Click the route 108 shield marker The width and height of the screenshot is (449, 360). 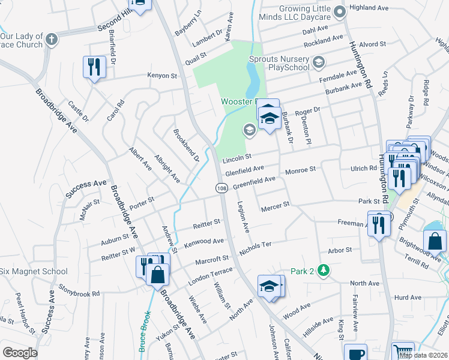pos(221,188)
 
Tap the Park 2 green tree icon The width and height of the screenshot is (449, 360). pos(324,271)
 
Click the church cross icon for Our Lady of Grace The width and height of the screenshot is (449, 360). pos(52,40)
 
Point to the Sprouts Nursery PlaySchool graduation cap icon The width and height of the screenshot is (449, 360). pos(318,61)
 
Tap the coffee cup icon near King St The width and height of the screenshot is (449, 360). pos(355,353)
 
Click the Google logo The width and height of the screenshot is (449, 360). pos(20,353)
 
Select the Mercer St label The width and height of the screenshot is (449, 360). pos(276,208)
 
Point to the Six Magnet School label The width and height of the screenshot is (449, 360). pos(34,271)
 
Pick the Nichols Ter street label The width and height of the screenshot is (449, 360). pos(256,247)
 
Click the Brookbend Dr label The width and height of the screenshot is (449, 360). pos(186,145)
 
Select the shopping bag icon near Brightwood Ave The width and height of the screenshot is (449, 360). pos(434,241)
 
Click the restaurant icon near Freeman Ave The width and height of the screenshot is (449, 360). pos(378,225)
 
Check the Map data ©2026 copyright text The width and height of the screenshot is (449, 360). pos(423,355)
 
